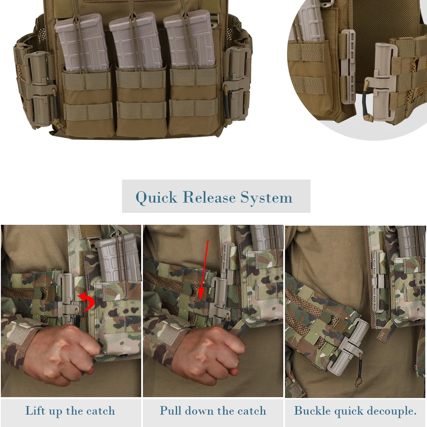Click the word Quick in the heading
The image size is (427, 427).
(x=156, y=198)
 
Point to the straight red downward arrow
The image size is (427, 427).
(x=205, y=269)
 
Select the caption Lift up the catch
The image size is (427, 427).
(x=70, y=411)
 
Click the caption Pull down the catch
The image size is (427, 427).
(x=213, y=411)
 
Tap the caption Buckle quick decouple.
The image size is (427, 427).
(x=355, y=411)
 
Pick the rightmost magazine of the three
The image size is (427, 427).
(x=189, y=41)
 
